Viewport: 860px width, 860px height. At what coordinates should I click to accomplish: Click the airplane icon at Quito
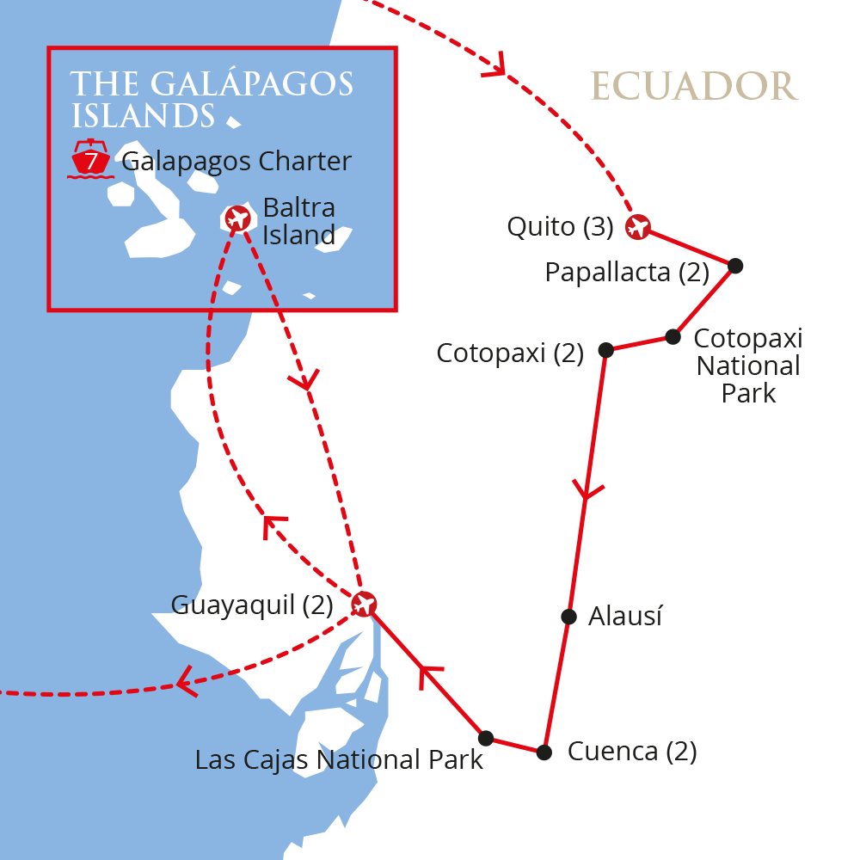(637, 227)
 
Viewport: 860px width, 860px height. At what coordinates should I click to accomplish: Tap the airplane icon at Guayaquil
(364, 604)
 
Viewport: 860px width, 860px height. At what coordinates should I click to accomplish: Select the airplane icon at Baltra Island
(237, 218)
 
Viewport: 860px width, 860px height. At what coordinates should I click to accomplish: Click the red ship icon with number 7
(90, 160)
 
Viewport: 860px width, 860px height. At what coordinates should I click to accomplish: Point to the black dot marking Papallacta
(734, 266)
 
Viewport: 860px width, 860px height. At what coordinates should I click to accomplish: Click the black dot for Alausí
(568, 616)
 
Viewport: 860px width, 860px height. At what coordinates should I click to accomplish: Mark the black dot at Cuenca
(544, 752)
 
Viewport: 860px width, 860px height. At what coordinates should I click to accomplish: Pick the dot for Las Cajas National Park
(486, 738)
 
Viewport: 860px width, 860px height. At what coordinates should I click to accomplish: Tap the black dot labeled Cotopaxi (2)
(605, 350)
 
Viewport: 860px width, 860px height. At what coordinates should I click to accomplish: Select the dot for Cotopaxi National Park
(673, 337)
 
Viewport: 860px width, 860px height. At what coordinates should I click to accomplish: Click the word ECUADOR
(694, 86)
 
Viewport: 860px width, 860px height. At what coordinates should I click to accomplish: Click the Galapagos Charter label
(236, 161)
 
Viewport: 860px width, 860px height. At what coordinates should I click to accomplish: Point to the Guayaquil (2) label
(252, 605)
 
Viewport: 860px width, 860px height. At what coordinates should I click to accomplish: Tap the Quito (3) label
(560, 227)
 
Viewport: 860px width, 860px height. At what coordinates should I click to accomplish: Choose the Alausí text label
(625, 617)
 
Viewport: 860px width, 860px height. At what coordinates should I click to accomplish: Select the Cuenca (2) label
(632, 752)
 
